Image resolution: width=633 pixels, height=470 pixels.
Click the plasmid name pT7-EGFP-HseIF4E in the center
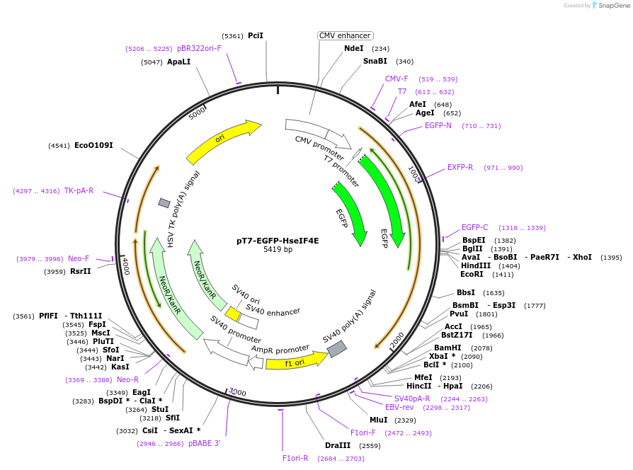coord(278,240)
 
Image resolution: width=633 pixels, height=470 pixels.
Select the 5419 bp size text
coord(278,250)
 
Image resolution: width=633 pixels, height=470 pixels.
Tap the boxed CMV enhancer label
coord(345,35)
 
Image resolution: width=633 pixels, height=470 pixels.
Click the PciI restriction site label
coord(256,35)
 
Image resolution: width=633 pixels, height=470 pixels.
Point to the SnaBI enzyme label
coord(375,61)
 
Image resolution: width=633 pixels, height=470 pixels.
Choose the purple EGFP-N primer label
coord(438,125)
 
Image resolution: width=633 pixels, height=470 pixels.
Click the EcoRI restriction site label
coord(472,274)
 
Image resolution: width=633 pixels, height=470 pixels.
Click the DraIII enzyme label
coord(338,445)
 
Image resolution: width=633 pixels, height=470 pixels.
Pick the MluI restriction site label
coord(379,420)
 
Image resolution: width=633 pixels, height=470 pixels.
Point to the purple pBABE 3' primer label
coord(204,443)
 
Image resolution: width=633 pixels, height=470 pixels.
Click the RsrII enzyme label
coord(80,271)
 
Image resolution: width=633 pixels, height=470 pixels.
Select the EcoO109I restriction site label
coord(93,146)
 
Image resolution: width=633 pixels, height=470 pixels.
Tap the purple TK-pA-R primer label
coord(79,190)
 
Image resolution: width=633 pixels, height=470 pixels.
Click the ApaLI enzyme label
coord(178,62)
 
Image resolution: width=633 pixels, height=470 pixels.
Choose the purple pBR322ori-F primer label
coord(199,48)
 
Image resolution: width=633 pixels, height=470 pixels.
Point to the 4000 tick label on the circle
coord(125,266)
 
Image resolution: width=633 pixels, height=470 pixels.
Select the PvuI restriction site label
coord(459,314)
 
